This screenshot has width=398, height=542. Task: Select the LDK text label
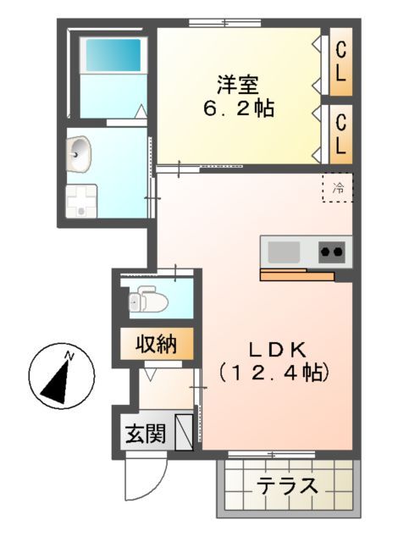coord(272,348)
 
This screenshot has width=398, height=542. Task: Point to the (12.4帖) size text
coord(273,372)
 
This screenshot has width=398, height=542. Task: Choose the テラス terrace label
coord(288,487)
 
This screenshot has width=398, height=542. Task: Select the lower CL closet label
coord(340,133)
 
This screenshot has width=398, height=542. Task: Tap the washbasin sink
coord(80,153)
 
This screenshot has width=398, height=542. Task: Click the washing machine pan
coord(83,202)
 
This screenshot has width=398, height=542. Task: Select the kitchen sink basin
coord(284,251)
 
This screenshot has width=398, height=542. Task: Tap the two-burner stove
coord(332,251)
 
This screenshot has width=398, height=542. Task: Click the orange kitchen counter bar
coord(296,274)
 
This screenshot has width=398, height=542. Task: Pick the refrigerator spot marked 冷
coord(338,188)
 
